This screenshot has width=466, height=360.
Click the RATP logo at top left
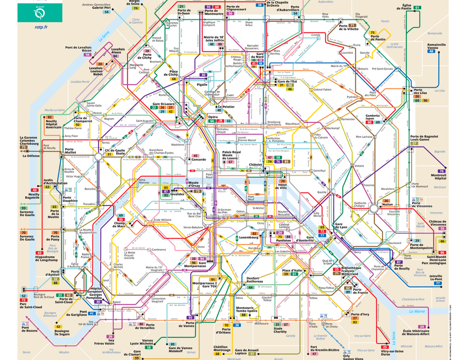pyautogui.click(x=40, y=11)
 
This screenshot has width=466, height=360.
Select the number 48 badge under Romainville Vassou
pyautogui.click(x=431, y=51)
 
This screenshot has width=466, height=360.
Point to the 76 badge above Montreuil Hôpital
pyautogui.click(x=441, y=171)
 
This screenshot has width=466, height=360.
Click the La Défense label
pyautogui.click(x=31, y=156)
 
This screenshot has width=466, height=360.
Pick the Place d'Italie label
pyautogui.click(x=292, y=270)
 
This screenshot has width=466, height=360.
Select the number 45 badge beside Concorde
pyautogui.click(x=195, y=156)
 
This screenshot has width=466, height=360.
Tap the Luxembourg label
pyautogui.click(x=249, y=237)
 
